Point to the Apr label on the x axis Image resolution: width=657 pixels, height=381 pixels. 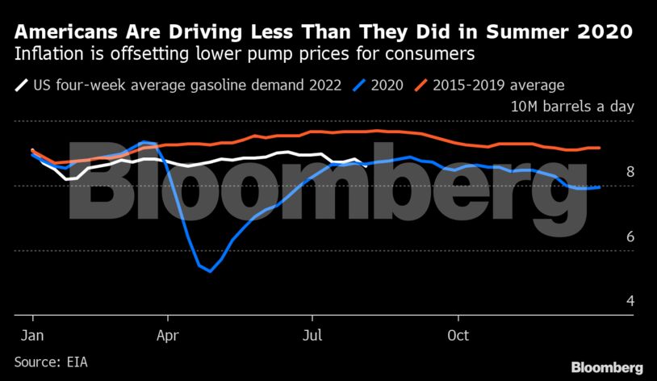pyautogui.click(x=167, y=333)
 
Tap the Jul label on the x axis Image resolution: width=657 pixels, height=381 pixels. pyautogui.click(x=312, y=333)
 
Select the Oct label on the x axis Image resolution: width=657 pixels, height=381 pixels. pyautogui.click(x=458, y=333)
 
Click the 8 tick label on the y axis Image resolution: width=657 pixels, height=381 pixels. pyautogui.click(x=630, y=172)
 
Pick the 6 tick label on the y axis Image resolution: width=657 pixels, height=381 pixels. pyautogui.click(x=630, y=237)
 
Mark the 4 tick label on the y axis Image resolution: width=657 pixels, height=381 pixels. pyautogui.click(x=630, y=301)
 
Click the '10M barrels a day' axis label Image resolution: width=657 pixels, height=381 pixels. pyautogui.click(x=572, y=107)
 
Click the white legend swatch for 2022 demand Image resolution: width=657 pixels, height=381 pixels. pyautogui.click(x=23, y=84)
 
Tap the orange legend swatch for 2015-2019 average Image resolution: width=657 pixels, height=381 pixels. pyautogui.click(x=421, y=84)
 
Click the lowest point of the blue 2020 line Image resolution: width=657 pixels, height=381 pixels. pyautogui.click(x=210, y=271)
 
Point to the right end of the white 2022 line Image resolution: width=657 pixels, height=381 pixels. pyautogui.click(x=365, y=165)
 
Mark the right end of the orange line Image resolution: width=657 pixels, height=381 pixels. pyautogui.click(x=599, y=148)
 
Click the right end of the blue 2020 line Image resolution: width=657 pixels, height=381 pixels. pyautogui.click(x=599, y=187)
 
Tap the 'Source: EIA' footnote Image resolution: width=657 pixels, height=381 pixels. pyautogui.click(x=51, y=362)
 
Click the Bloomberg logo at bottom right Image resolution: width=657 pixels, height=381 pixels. pyautogui.click(x=607, y=367)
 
